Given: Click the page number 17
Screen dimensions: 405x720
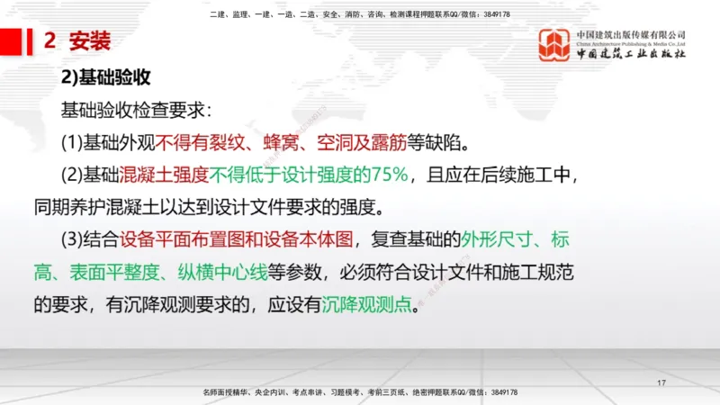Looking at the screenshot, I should [x=661, y=384].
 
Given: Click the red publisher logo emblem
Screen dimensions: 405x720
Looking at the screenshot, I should [x=553, y=45].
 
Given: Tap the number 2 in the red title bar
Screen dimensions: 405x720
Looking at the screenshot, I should [x=49, y=40].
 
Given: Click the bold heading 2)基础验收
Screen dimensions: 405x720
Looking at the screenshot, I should [x=104, y=78].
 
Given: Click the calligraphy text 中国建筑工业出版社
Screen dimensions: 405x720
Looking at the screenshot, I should [x=630, y=54].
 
